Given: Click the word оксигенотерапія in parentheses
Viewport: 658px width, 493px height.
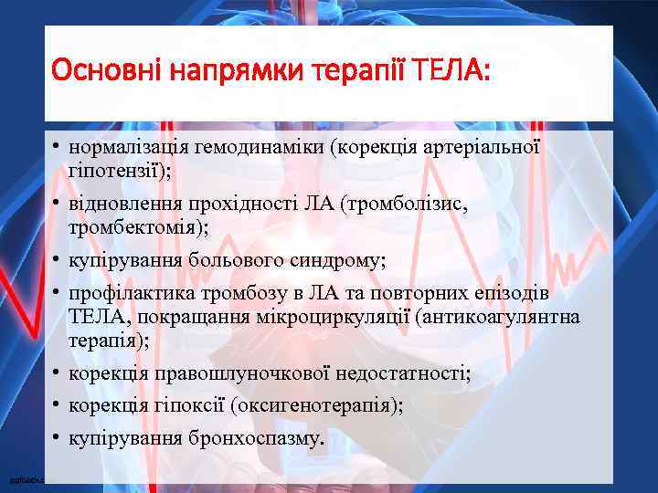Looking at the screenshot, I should [328, 406].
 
